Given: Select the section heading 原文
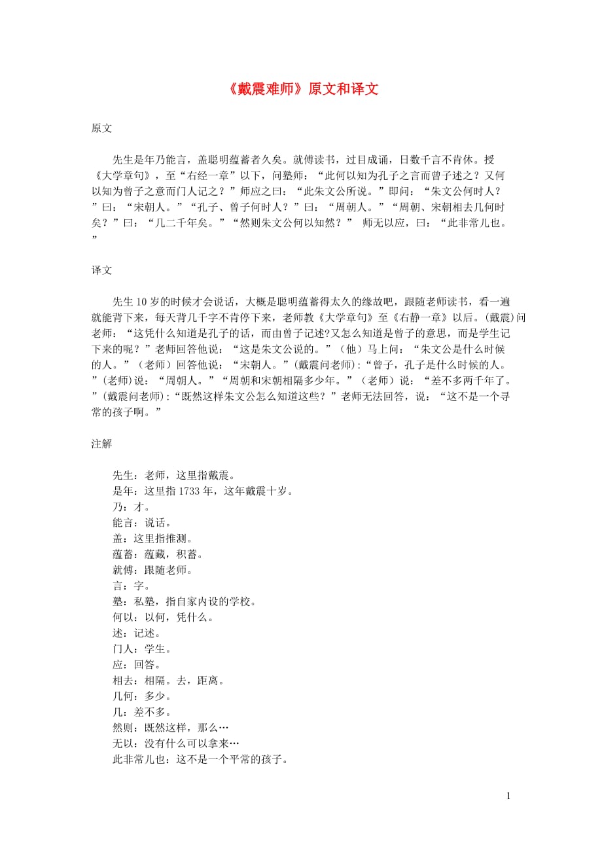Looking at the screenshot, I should (x=101, y=128).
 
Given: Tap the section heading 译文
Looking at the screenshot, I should (x=101, y=270).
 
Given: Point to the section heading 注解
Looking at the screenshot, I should (x=101, y=444).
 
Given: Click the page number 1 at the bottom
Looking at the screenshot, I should (x=508, y=796).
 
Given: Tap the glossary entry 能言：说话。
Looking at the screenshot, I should (x=133, y=523).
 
